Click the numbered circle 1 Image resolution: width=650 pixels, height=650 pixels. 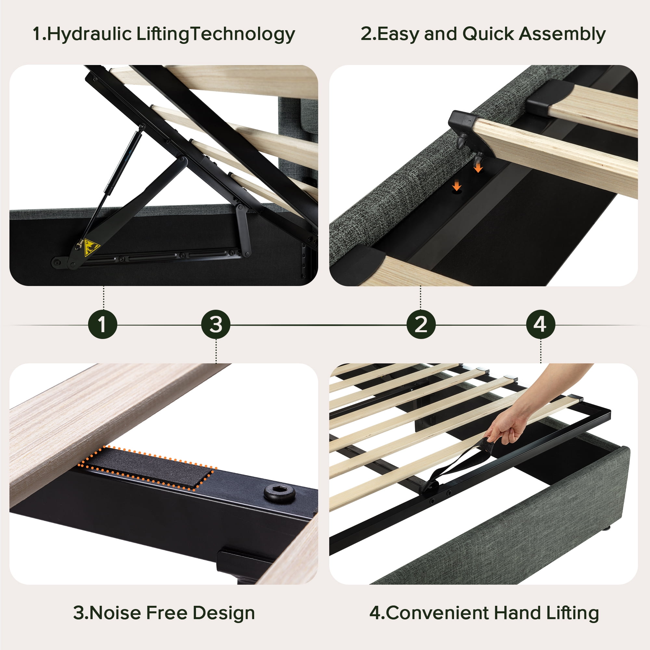coord(103,325)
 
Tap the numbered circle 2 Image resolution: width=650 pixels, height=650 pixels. coord(421,325)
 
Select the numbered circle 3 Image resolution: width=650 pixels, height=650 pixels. coord(216,325)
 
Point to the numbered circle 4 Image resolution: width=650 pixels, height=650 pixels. coord(541,325)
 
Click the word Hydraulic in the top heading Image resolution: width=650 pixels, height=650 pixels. coord(89,34)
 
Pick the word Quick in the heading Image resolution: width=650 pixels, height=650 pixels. coord(488,34)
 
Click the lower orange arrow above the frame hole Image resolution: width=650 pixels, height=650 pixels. coord(457,185)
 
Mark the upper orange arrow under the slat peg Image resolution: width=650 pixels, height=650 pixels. coord(478,166)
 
